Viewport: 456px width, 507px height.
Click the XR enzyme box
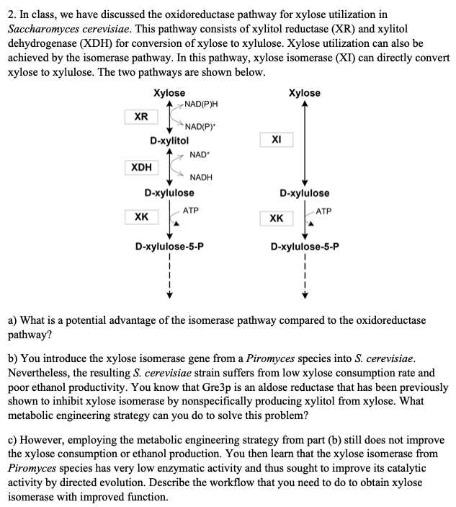click(142, 117)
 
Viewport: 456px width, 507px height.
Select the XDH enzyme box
click(142, 167)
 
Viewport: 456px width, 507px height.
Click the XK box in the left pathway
click(142, 216)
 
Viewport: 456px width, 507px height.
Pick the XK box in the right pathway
click(277, 217)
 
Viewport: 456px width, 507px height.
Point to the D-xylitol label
click(169, 140)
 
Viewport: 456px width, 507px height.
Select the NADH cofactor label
click(201, 177)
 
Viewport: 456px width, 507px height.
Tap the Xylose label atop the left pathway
click(169, 93)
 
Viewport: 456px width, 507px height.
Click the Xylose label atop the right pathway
click(304, 93)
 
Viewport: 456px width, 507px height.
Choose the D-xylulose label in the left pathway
click(169, 193)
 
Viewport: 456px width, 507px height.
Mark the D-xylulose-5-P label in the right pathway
click(305, 246)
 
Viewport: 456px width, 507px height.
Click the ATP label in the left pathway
click(191, 210)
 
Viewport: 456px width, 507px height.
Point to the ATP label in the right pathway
click(324, 211)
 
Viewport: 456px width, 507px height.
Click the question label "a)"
click(12, 319)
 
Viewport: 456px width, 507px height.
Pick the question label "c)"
click(12, 440)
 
